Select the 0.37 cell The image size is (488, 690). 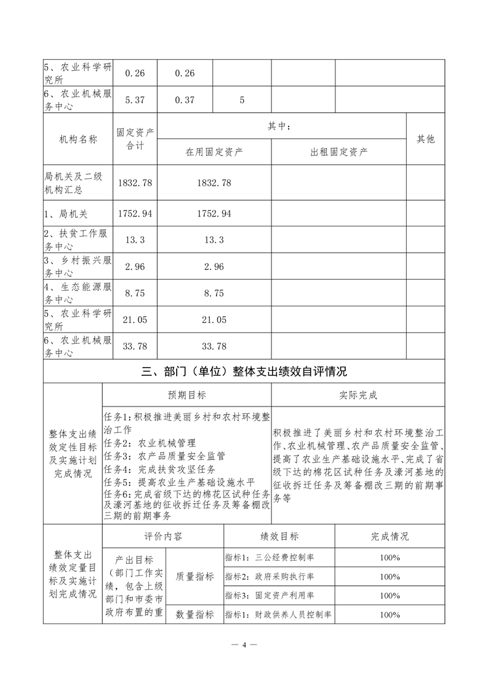185,100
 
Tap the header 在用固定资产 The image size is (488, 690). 214,152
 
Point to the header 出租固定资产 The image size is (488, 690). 338,152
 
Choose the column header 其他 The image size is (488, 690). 425,139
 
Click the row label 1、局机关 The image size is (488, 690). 66,213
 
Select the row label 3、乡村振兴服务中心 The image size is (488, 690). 78,266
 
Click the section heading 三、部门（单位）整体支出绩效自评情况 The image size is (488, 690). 244,371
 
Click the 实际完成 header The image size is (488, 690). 358,394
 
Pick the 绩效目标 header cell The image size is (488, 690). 279,536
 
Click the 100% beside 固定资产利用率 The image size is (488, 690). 390,595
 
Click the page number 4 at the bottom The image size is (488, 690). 244,645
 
